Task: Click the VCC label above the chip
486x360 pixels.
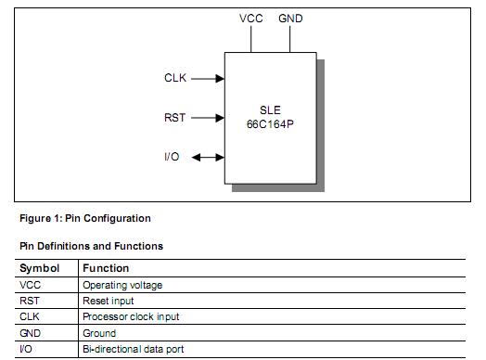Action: point(251,19)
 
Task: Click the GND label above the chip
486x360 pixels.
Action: point(290,19)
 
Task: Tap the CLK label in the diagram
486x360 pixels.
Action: point(175,79)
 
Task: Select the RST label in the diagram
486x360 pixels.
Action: point(175,118)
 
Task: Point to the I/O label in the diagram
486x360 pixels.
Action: point(172,157)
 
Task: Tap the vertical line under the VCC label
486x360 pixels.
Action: point(251,37)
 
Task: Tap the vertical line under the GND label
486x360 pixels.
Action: point(290,37)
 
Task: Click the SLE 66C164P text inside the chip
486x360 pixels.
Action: point(270,115)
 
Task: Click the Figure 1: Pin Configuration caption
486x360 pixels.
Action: point(84,219)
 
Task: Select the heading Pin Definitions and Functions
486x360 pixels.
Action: point(91,246)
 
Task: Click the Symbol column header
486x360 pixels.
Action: point(38,268)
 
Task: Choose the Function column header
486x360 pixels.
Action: point(106,268)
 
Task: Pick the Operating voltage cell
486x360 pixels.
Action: point(122,285)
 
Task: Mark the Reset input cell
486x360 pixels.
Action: point(109,301)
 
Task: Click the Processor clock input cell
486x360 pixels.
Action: point(131,316)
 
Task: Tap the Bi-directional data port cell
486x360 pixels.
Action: point(134,349)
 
